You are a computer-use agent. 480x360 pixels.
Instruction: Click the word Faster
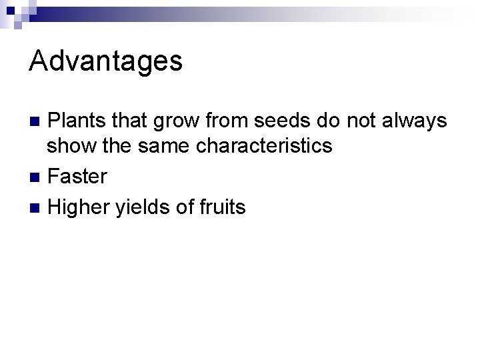(78, 177)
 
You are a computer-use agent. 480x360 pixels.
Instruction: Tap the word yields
(141, 207)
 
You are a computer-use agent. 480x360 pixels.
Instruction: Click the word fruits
(222, 207)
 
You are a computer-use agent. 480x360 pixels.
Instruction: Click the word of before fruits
(184, 207)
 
